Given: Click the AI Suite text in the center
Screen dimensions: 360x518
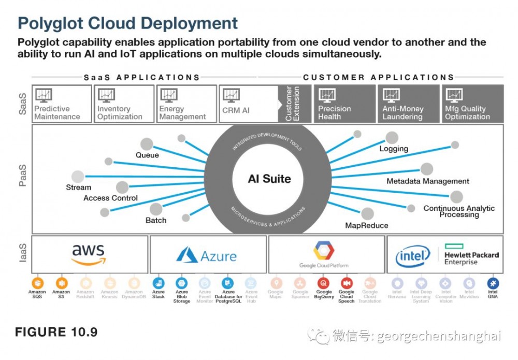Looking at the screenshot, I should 269,179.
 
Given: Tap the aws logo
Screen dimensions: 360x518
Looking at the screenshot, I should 89,254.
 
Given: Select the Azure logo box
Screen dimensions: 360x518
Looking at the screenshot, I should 208,255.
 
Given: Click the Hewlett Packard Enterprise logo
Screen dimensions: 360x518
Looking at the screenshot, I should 471,255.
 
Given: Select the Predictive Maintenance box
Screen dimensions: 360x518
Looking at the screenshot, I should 62,104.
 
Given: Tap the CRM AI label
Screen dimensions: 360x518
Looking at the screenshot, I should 236,110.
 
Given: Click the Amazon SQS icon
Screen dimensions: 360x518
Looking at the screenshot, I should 37,283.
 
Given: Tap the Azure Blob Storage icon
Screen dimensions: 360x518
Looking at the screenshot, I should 181,283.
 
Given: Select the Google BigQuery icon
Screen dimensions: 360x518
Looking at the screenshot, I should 324,283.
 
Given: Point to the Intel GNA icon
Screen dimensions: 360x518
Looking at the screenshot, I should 493,283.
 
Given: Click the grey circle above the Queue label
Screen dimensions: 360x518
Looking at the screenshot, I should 147,144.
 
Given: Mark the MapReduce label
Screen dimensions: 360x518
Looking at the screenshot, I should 367,225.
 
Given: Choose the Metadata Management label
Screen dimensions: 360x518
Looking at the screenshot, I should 428,181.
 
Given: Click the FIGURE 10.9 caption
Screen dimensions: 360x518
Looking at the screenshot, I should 56,332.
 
